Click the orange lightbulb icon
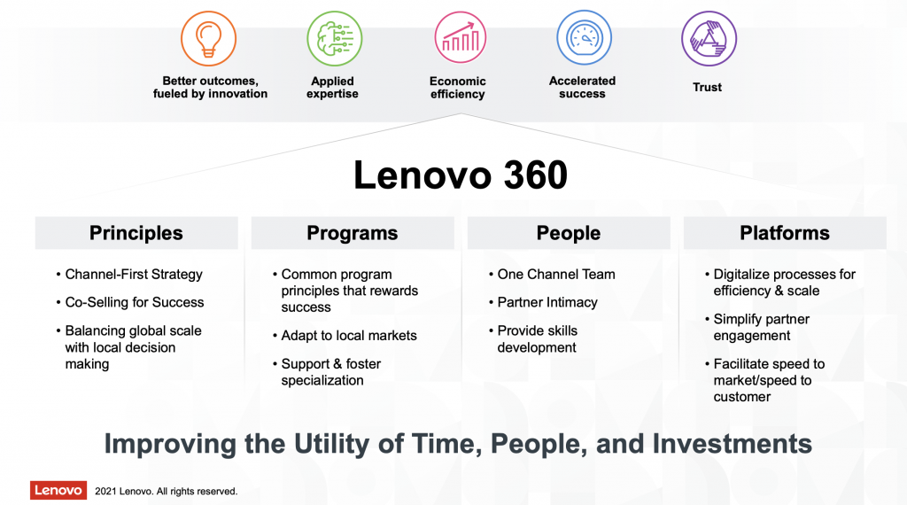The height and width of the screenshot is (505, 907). click(208, 39)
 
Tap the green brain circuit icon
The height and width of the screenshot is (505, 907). click(334, 39)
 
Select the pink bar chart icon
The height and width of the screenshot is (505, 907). click(461, 38)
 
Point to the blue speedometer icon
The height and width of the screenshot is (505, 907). click(585, 37)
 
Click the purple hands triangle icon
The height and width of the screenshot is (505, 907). click(709, 39)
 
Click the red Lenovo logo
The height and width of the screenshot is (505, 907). click(58, 490)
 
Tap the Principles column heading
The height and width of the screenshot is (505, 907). click(136, 233)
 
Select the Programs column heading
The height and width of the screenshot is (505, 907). click(353, 233)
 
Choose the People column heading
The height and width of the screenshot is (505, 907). click(569, 233)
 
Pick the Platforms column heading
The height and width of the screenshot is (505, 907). click(785, 233)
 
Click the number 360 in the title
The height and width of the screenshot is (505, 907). click(536, 175)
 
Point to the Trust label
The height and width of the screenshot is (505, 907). click(708, 88)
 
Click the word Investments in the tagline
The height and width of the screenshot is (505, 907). click(733, 444)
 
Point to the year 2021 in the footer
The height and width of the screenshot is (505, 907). click(105, 491)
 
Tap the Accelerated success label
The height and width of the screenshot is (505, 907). click(582, 88)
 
